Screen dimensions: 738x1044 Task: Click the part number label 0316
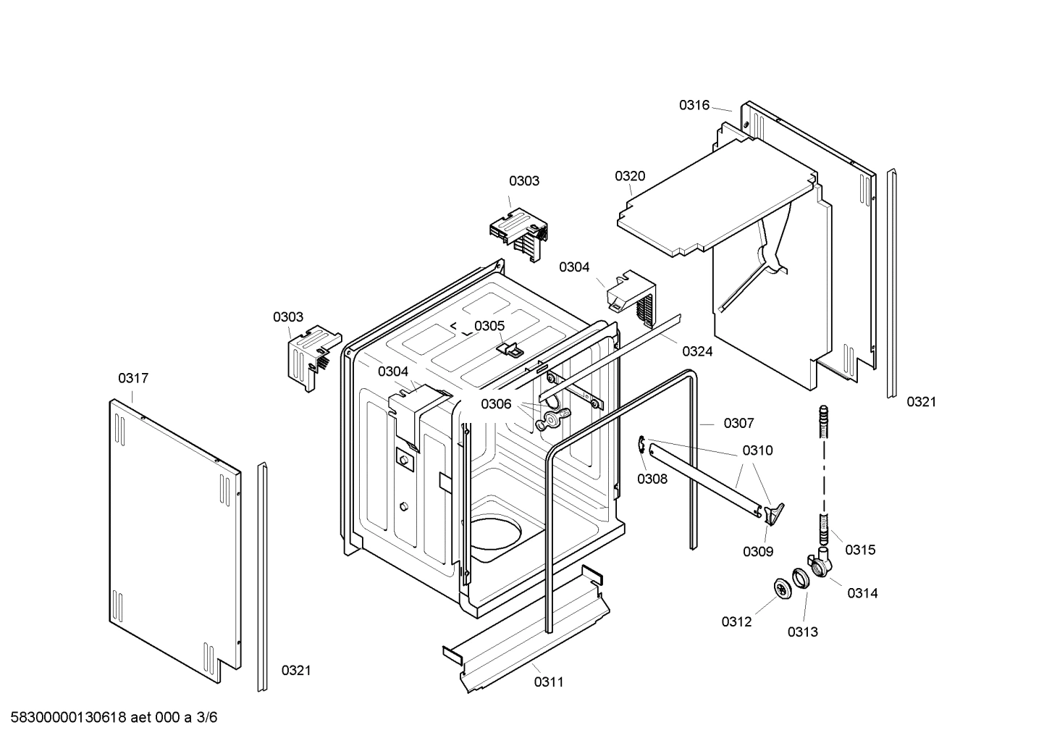(694, 105)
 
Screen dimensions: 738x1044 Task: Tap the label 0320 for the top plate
(630, 176)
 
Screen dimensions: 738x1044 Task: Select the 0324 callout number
(697, 351)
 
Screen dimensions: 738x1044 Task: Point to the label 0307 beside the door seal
(738, 423)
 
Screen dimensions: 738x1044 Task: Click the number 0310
(757, 450)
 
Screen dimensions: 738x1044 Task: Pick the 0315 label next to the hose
(860, 550)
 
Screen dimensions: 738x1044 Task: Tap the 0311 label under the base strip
(549, 682)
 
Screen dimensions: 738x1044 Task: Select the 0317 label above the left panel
(133, 378)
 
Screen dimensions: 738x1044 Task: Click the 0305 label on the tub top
(489, 326)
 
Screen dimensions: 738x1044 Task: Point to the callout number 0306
(496, 404)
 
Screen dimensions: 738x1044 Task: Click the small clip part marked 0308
(642, 447)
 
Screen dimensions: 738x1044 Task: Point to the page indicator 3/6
(207, 718)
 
